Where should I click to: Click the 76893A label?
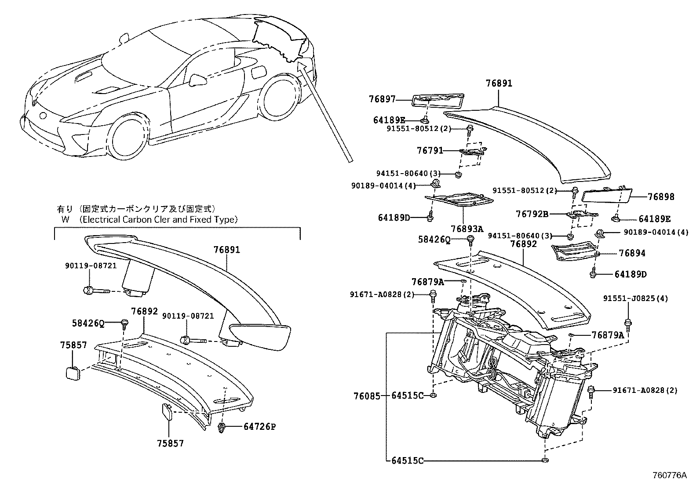467,229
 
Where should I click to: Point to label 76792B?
532,214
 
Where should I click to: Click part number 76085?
367,396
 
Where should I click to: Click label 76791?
430,151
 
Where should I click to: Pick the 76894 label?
632,253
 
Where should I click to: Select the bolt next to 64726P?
222,427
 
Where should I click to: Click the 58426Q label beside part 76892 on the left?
88,324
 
